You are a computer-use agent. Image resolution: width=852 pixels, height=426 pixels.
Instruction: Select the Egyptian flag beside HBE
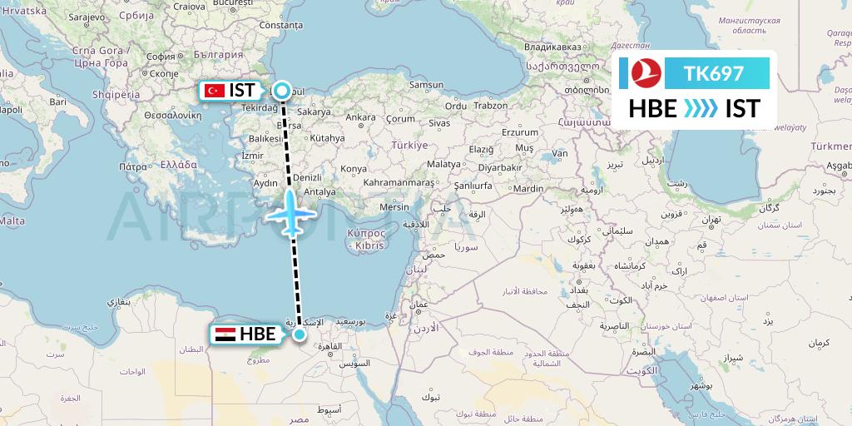pos(224,334)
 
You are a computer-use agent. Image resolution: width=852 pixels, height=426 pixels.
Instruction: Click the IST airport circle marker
pos(283,91)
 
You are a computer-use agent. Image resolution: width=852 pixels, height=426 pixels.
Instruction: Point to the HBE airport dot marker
pos(299,334)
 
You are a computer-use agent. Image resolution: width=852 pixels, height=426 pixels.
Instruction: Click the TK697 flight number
pos(713,73)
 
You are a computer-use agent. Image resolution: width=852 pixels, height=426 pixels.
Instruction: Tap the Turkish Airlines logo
pos(644,73)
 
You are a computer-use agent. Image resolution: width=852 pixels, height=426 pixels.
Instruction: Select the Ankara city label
pos(360,117)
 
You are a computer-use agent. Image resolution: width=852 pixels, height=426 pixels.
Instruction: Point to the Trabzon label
pos(490,106)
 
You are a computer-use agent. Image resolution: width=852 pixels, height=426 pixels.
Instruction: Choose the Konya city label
pos(354,168)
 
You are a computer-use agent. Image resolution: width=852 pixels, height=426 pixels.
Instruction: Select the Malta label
pos(12,220)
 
